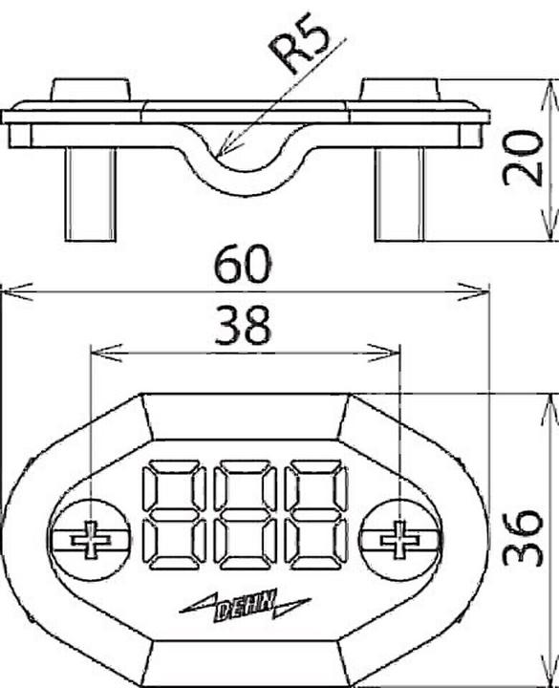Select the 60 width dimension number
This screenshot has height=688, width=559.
243,264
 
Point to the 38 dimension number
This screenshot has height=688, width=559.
242,325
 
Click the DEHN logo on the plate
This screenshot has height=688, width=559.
245,606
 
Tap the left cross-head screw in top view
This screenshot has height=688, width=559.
90,540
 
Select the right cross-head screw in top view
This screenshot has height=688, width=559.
398,540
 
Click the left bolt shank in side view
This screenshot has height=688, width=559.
91,194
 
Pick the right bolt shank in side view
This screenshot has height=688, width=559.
400,194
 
